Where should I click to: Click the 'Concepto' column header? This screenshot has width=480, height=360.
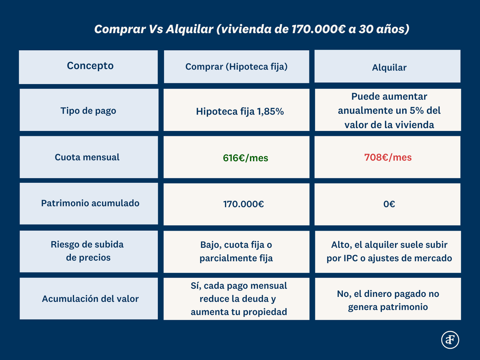(x=90, y=66)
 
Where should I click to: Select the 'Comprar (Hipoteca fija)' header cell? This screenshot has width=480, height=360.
(x=236, y=67)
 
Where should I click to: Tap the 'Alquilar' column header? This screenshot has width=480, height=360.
(x=389, y=67)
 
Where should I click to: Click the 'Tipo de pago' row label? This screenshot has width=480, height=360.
(x=88, y=110)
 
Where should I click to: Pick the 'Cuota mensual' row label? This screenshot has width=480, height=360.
(x=87, y=157)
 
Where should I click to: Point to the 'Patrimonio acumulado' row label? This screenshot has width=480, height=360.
(x=90, y=203)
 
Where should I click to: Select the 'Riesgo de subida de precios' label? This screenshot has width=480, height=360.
(x=87, y=251)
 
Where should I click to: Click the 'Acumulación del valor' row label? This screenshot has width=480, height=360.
(x=90, y=299)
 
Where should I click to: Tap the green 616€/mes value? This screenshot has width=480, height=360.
(x=245, y=158)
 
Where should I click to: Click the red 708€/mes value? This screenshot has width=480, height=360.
(x=388, y=157)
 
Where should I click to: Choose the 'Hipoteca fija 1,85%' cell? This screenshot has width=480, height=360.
(x=240, y=111)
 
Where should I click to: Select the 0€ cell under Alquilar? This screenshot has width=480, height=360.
(x=389, y=204)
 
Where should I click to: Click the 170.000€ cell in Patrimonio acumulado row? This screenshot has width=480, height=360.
(x=243, y=204)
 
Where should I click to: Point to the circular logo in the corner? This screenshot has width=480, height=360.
(x=450, y=340)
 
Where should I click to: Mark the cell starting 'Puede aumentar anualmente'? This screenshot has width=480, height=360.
(x=389, y=110)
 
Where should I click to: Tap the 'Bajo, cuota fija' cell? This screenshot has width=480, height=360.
(x=236, y=251)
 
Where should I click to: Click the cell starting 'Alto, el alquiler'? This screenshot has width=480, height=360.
(x=389, y=251)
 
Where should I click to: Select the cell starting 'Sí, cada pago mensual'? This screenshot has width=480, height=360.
(x=239, y=299)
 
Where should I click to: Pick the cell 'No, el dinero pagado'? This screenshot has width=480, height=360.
(x=388, y=300)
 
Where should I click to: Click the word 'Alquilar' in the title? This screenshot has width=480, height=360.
(x=190, y=29)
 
